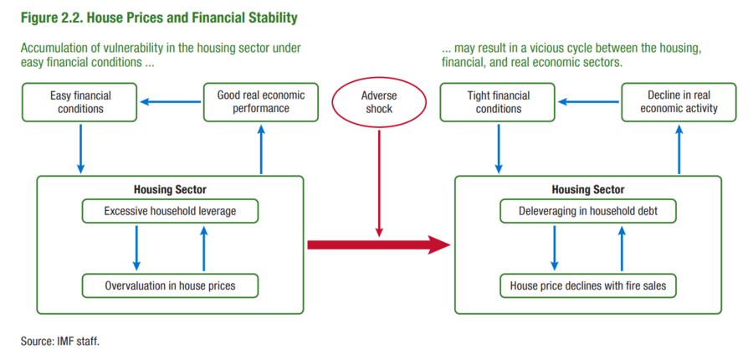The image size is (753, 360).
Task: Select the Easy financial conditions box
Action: [x=79, y=102]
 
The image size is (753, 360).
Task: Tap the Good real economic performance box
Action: [x=261, y=102]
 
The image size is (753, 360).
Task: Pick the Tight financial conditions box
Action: [x=498, y=102]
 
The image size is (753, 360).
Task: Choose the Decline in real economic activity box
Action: [x=679, y=102]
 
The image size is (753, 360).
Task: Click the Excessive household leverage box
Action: [x=170, y=212]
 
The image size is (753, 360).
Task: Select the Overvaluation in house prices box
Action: [x=170, y=285]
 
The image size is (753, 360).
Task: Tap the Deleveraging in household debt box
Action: [x=588, y=212]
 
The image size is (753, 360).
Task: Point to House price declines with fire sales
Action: [x=588, y=285]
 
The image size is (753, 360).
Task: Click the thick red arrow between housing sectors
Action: [x=379, y=245]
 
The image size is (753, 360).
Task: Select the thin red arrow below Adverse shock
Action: [x=379, y=183]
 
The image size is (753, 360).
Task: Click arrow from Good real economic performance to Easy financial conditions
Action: [x=170, y=102]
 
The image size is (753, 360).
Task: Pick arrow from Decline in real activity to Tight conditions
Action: [x=588, y=102]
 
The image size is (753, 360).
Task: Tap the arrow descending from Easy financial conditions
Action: [x=80, y=148]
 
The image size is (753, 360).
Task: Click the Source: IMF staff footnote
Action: [x=60, y=342]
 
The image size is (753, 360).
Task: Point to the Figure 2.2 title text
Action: [x=158, y=18]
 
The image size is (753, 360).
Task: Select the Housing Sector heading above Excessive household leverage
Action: [x=170, y=189]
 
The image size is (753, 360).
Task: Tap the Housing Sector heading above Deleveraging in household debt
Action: [x=588, y=189]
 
